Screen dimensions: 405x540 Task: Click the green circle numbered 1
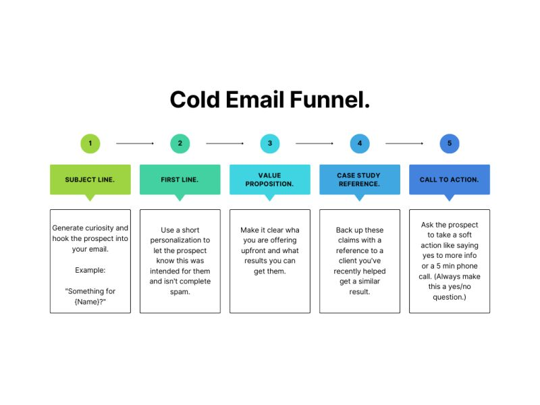click(90, 143)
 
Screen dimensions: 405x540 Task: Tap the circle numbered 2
click(180, 143)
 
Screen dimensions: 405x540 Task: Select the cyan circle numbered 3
click(269, 143)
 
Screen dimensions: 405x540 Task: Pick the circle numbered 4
click(360, 143)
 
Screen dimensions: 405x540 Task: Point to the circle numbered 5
click(449, 143)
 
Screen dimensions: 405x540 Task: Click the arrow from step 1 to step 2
click(135, 143)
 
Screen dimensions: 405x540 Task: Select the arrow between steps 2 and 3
click(225, 143)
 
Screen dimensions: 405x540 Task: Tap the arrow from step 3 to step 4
click(315, 143)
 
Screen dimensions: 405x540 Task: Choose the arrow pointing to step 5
click(404, 143)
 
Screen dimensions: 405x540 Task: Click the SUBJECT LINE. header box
click(90, 180)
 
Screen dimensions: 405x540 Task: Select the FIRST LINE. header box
click(180, 180)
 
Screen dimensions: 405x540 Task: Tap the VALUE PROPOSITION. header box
click(269, 180)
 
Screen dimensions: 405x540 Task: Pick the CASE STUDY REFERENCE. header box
click(359, 180)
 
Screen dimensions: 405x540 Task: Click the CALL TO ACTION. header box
click(449, 180)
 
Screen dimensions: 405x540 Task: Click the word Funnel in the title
click(329, 100)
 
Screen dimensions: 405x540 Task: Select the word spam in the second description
click(180, 291)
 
